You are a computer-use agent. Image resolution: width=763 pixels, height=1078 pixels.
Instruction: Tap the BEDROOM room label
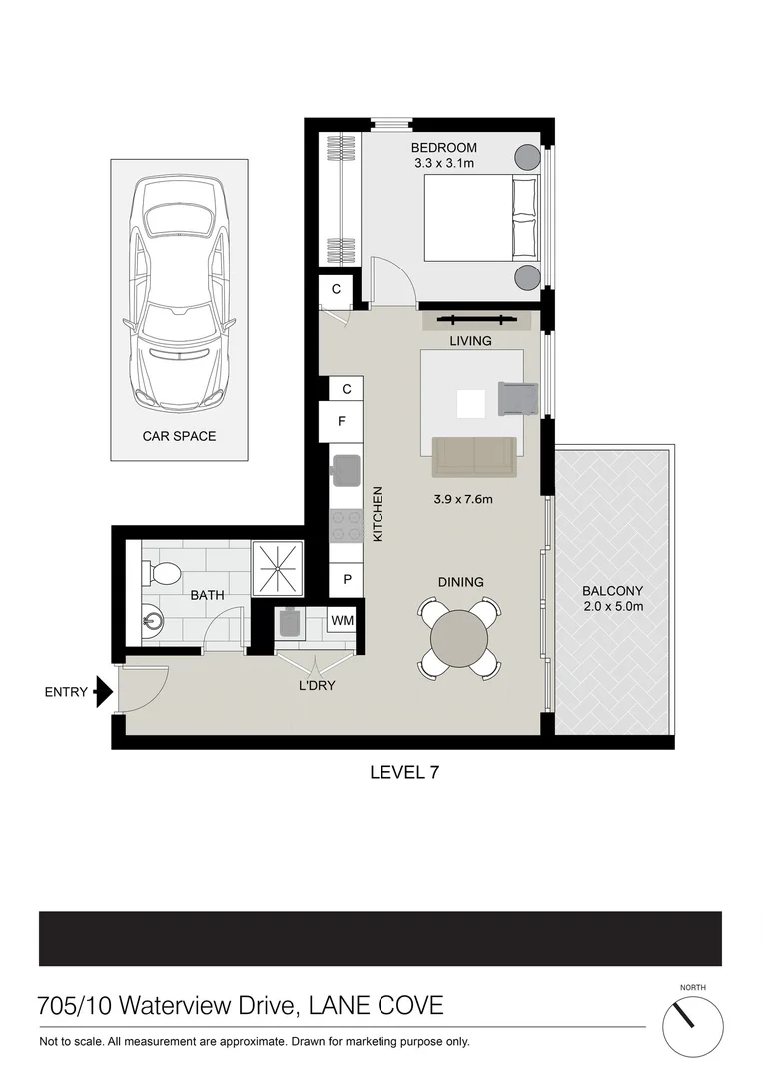coord(444,148)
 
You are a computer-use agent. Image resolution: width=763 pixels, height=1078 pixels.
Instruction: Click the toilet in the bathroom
coord(164,573)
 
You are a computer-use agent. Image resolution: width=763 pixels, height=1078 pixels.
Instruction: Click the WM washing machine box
coord(342,621)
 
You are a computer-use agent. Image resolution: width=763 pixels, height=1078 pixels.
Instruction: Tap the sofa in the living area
coord(474,457)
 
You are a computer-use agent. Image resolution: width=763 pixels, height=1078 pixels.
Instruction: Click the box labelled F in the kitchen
coord(342,421)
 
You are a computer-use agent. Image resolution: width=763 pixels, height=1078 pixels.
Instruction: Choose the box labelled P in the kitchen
coord(346,579)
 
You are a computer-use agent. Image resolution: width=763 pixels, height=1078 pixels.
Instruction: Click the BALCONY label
coord(613,590)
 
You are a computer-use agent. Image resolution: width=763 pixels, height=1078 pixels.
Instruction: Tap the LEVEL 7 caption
coord(404,771)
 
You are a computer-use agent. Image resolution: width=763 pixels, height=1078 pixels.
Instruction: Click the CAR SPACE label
coord(180,436)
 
